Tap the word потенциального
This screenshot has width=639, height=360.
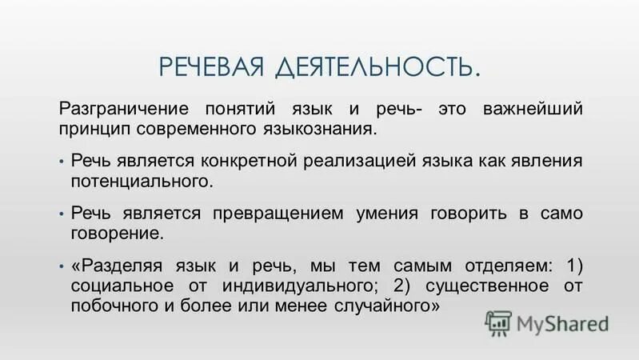point(142,181)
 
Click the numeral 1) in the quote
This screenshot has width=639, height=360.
point(573,266)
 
